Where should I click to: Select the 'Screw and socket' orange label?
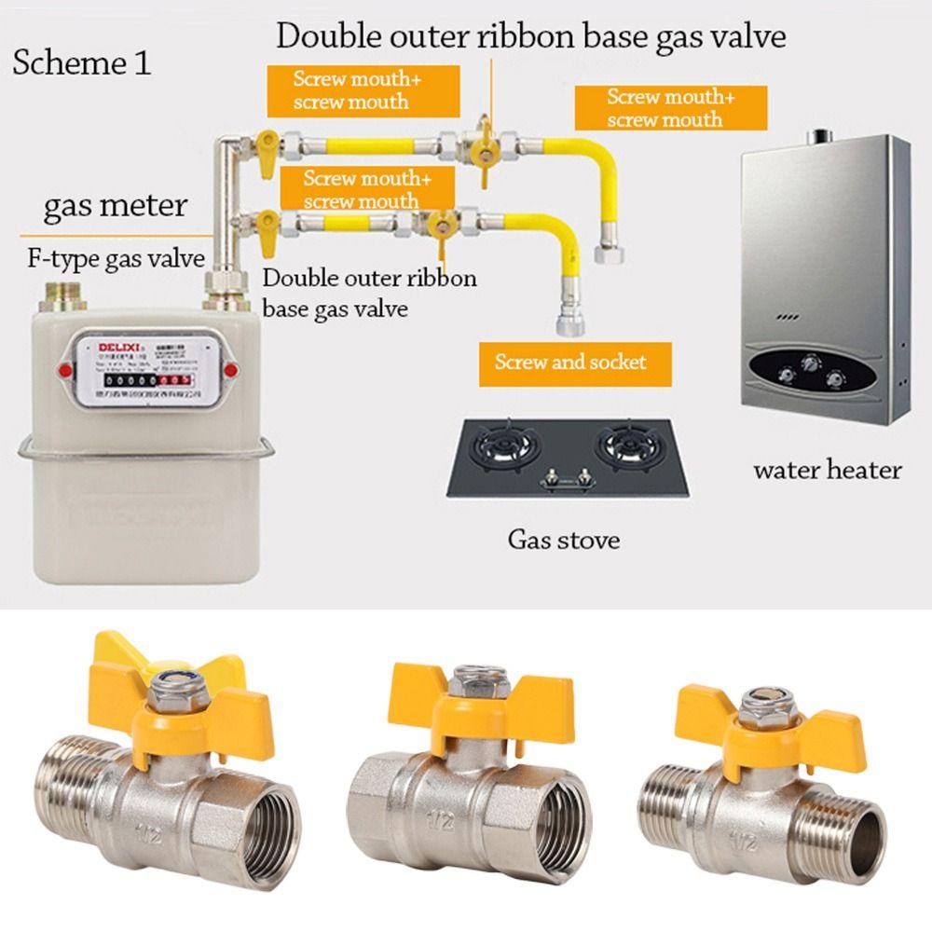570,362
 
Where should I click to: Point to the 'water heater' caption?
827,469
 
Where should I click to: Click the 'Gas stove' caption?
563,539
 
